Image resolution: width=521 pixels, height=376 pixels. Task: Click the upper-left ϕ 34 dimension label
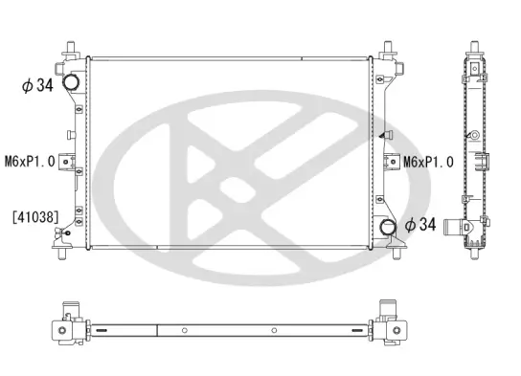35,86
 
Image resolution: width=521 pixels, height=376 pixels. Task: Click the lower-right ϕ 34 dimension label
421,226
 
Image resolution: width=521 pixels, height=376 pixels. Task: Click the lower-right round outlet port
388,228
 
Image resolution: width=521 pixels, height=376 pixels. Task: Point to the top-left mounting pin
72,47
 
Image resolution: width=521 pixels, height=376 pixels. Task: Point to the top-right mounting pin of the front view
389,47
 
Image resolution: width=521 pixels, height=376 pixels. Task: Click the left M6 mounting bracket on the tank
67,162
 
